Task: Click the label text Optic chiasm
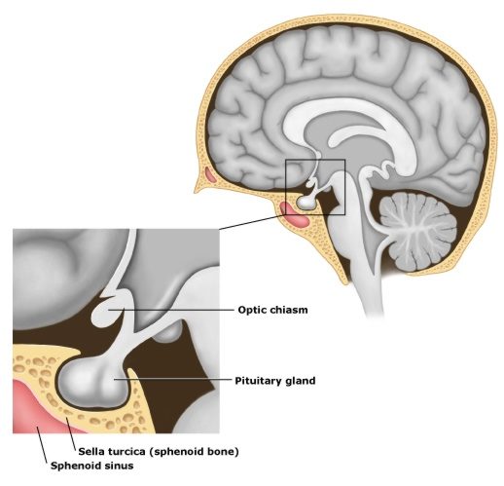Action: pyautogui.click(x=272, y=310)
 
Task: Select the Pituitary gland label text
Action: pyautogui.click(x=275, y=381)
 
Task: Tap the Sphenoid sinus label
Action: pyautogui.click(x=91, y=466)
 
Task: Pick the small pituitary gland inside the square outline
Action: pyautogui.click(x=306, y=203)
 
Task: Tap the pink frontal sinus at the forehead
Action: pyautogui.click(x=210, y=175)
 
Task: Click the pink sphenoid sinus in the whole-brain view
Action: pyautogui.click(x=295, y=215)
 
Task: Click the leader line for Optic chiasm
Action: pyautogui.click(x=171, y=310)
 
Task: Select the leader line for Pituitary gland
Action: pyautogui.click(x=173, y=379)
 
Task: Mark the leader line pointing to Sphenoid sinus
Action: pyautogui.click(x=42, y=444)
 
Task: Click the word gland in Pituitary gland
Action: pyautogui.click(x=301, y=381)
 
